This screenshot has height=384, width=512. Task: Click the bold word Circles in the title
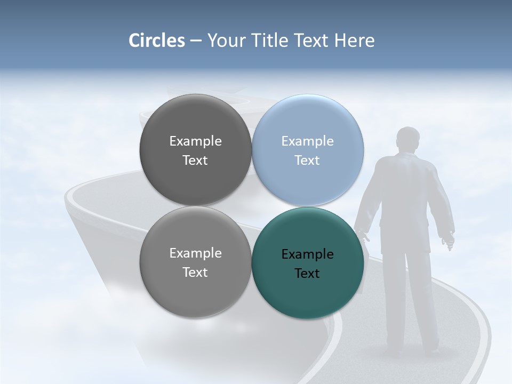[x=157, y=41]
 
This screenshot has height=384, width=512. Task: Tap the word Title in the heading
[x=270, y=41]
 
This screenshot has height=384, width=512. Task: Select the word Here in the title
[x=355, y=41]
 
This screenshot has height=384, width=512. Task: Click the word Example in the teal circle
[x=307, y=254]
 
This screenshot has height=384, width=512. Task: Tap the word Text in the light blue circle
[x=307, y=161]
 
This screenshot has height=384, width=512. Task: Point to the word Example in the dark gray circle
[x=195, y=141]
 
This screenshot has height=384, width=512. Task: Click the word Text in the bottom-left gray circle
[x=195, y=273]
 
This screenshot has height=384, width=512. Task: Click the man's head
[x=408, y=140]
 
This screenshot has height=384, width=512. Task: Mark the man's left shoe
[x=394, y=352]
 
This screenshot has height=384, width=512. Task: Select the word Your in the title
[x=225, y=41]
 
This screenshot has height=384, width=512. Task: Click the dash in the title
[x=195, y=41]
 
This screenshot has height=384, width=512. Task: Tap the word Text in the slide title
[x=311, y=41]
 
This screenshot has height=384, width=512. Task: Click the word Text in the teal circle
[x=307, y=274]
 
